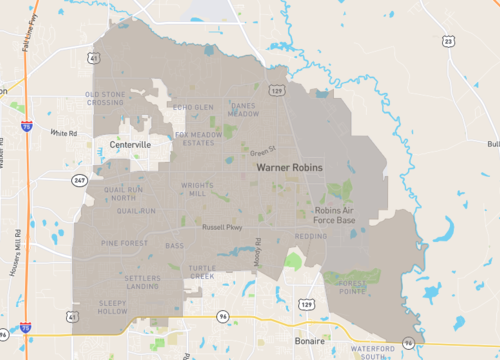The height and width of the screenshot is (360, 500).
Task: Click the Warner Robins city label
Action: click(x=290, y=169)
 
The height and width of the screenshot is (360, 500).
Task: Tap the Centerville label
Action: click(x=130, y=145)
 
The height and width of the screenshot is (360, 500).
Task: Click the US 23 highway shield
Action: click(x=447, y=41)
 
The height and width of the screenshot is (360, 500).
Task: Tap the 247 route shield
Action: click(x=78, y=180)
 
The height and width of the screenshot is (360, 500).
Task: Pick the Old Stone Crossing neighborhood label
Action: click(x=106, y=97)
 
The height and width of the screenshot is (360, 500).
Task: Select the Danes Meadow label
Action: click(x=244, y=109)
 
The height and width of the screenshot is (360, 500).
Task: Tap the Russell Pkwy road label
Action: click(x=222, y=227)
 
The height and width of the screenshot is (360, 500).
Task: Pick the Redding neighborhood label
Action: click(x=311, y=236)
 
